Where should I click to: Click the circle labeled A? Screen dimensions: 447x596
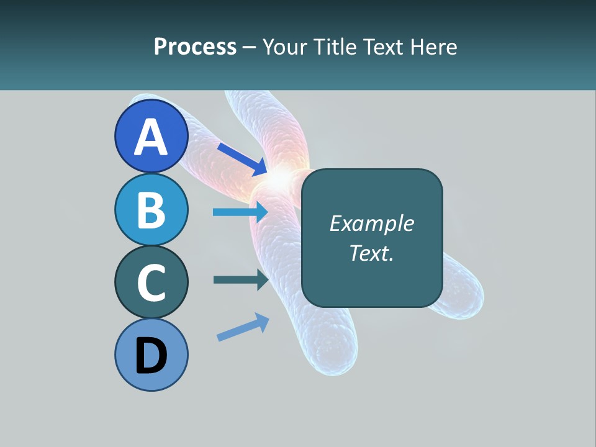click(151, 137)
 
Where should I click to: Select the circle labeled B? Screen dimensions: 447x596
click(151, 209)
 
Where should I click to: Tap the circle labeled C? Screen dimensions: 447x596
click(151, 282)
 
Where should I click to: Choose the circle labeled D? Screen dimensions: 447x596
click(151, 354)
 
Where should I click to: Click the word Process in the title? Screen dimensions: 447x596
click(195, 47)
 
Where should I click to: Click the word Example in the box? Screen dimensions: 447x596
click(372, 223)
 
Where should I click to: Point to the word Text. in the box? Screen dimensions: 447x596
click(372, 253)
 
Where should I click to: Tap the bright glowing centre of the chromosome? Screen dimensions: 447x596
click(281, 178)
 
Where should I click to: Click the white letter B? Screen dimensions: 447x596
click(151, 209)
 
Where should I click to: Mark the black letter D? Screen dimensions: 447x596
click(151, 356)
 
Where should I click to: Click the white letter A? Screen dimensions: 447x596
click(151, 137)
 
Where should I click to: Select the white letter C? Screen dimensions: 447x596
click(151, 282)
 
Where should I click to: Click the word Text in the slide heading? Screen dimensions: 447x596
click(384, 47)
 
